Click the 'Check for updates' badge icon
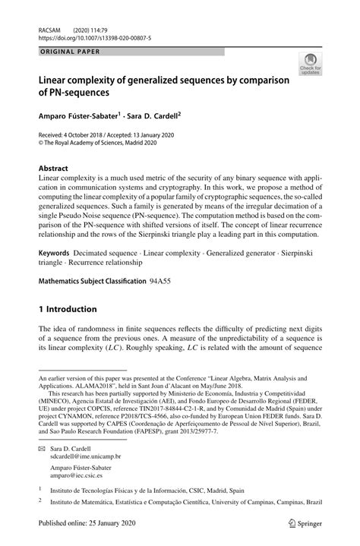311,64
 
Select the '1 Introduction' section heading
68,309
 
